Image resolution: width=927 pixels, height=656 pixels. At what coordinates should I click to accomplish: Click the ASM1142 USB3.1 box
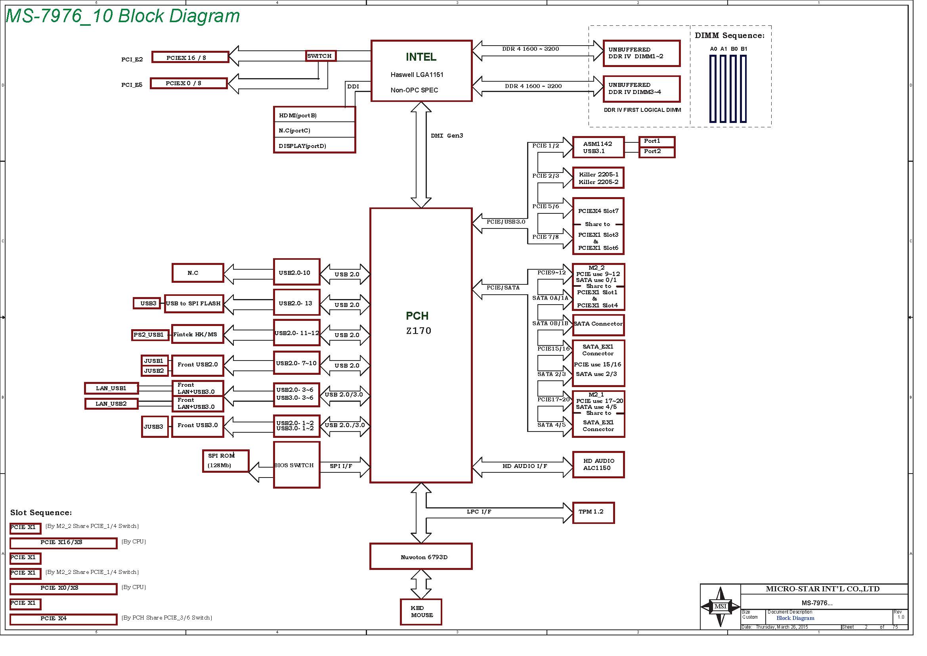pos(598,147)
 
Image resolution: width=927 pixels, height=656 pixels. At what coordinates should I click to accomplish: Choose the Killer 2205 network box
pos(598,178)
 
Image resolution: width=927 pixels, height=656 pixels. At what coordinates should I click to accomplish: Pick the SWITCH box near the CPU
pos(321,56)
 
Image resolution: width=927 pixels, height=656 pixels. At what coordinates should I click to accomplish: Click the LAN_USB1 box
pos(111,388)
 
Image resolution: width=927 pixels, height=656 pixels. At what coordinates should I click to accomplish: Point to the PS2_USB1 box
pos(150,335)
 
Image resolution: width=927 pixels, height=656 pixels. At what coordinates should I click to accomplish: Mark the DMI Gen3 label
pos(447,136)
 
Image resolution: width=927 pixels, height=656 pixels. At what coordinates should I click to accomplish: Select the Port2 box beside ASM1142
pos(656,152)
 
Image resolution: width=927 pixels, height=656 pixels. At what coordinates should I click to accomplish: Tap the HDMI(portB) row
pos(314,115)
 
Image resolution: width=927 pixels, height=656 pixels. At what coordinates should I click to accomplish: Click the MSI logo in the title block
pos(720,606)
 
